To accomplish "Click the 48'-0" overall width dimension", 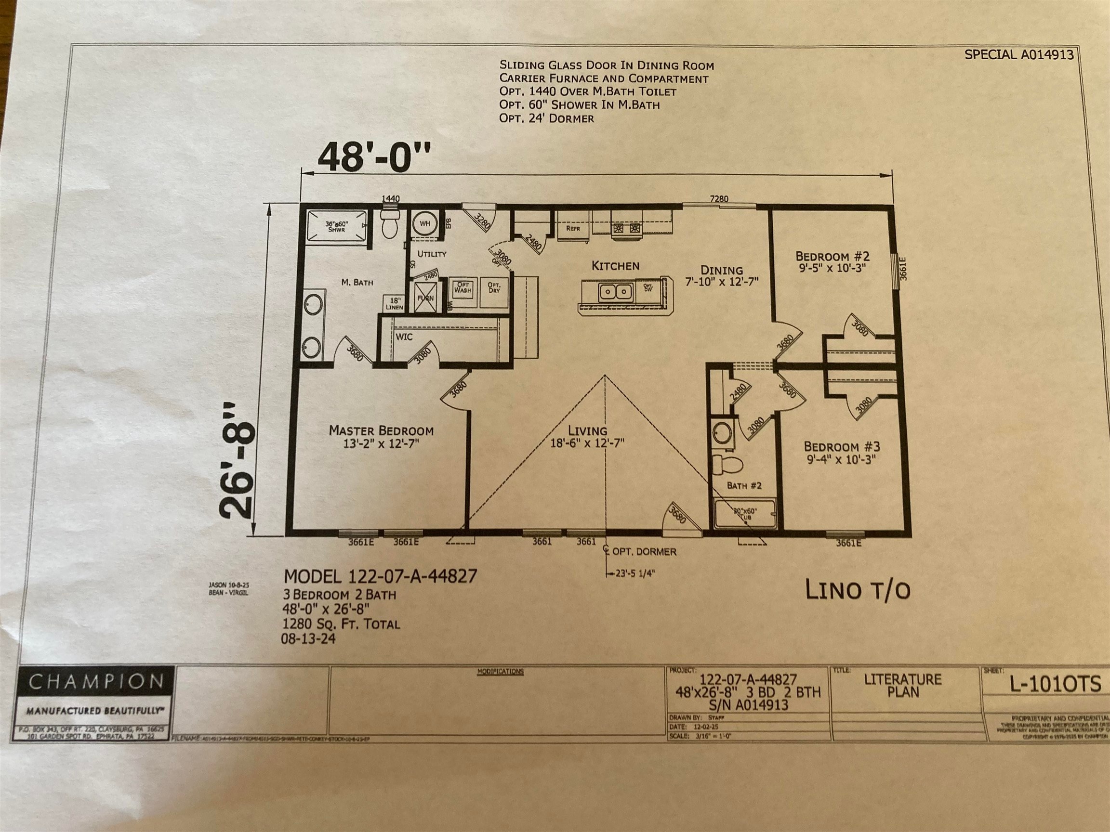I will pyautogui.click(x=374, y=157).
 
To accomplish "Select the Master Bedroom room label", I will pyautogui.click(x=381, y=430).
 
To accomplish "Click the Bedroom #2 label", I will pyautogui.click(x=832, y=256).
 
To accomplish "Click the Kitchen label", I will pyautogui.click(x=615, y=266).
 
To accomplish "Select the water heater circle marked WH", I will pyautogui.click(x=424, y=224).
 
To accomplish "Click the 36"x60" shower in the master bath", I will pyautogui.click(x=336, y=227).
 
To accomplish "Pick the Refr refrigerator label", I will pyautogui.click(x=572, y=228).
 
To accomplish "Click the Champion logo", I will pyautogui.click(x=96, y=682).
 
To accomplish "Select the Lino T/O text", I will pyautogui.click(x=857, y=590).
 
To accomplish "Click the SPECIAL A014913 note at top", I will pyautogui.click(x=1018, y=55).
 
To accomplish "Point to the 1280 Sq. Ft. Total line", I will pyautogui.click(x=341, y=624).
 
